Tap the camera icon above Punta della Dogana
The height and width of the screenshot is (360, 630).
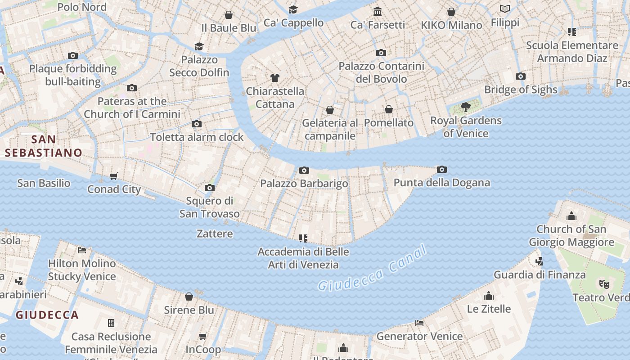click(442, 169)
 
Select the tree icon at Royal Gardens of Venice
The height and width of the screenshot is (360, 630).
click(465, 107)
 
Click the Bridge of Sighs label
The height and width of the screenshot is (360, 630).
click(521, 90)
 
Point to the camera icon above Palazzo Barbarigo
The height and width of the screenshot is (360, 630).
click(304, 170)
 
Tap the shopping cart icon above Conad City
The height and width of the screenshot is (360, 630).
click(114, 176)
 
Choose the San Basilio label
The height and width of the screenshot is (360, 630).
click(44, 183)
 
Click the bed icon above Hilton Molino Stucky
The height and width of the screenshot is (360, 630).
click(82, 250)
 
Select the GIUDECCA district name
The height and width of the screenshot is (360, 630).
click(47, 315)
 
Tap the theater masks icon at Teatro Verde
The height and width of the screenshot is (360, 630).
click(604, 284)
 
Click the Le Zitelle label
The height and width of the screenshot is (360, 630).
click(489, 309)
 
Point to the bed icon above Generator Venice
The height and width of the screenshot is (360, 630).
click(419, 323)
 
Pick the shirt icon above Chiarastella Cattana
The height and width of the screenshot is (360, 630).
click(275, 78)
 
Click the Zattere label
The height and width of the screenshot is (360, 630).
click(215, 234)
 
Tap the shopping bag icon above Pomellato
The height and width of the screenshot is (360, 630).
click(389, 109)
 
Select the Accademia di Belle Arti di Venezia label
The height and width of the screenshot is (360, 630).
click(303, 258)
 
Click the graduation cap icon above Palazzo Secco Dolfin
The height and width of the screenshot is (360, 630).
click(199, 46)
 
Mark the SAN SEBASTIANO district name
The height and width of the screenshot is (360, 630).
click(44, 146)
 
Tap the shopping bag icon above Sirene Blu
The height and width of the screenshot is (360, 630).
click(189, 297)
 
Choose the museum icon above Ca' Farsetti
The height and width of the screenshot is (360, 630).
click(378, 11)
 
